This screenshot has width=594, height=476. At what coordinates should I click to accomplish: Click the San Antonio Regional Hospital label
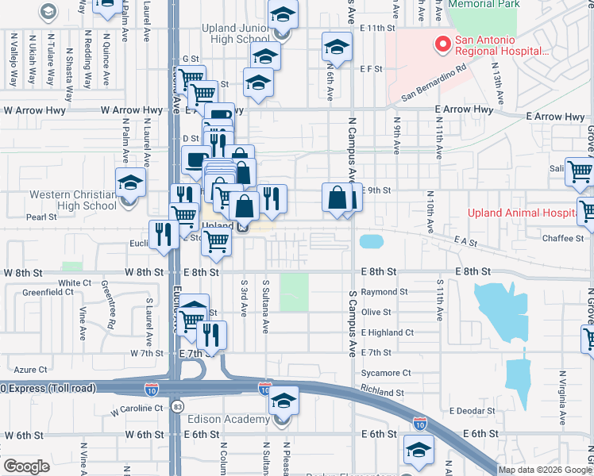coord(500,44)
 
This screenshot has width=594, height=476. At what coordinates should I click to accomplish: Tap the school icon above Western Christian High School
coord(130,183)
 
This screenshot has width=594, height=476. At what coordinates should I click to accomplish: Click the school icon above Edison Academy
coord(283,402)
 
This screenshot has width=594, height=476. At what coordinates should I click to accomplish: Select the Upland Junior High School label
coord(225,34)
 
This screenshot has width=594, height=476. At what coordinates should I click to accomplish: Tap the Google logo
coord(26,466)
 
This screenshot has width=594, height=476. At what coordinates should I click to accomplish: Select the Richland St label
coord(382,392)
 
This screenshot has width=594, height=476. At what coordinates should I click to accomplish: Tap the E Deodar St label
coord(472,411)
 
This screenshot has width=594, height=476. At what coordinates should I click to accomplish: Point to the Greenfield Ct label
coord(43,292)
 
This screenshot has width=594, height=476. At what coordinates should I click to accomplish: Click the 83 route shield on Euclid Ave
coord(176,406)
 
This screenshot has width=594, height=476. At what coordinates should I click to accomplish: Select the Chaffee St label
coord(563,238)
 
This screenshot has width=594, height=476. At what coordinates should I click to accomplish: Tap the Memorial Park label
coord(483,4)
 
